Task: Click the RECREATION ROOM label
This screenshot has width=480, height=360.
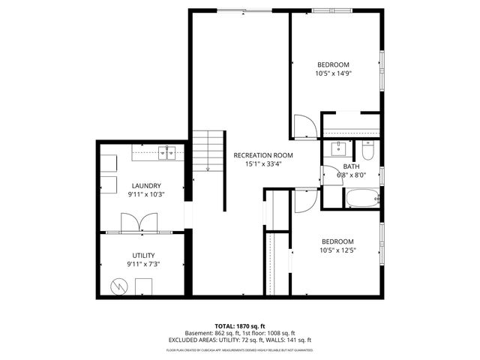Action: pos(262,155)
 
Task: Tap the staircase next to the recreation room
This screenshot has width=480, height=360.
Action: pos(209,150)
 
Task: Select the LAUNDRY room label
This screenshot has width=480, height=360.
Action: pos(147,185)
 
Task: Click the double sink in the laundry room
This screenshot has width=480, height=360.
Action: pos(166,152)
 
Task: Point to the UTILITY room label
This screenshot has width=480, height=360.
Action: pos(143,256)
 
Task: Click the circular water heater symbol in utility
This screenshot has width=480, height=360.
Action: pos(119,286)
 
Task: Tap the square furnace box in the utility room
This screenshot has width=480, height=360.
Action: pos(143,286)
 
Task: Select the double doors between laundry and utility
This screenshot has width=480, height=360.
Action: pos(139,222)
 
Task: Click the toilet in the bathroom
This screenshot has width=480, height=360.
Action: pos(367,147)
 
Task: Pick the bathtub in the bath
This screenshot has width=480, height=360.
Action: pos(361,199)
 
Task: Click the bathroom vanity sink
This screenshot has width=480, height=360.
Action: pos(337,146)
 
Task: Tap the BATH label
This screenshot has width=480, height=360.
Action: pos(351,166)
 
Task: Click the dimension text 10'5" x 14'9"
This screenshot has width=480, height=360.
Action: pos(335,73)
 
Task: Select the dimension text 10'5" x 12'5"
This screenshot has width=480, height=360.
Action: pos(337,250)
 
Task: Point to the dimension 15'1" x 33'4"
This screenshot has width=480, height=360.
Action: pos(262,164)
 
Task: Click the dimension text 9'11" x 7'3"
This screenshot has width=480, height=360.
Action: pos(143,264)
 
